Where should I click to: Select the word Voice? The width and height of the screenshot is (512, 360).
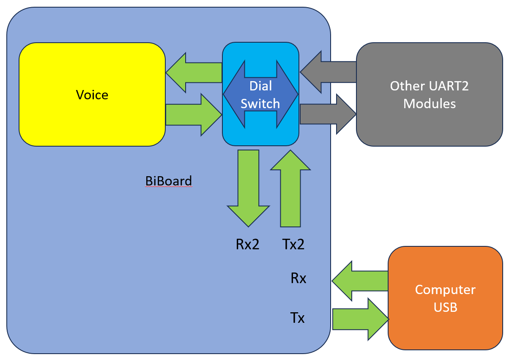92,95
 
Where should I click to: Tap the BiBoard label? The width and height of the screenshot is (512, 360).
169,181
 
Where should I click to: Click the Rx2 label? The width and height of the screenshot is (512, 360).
247,244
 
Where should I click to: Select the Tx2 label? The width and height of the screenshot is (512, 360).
293,244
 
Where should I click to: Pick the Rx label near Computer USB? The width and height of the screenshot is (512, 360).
298,278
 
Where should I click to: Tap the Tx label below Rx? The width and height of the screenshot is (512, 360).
298,317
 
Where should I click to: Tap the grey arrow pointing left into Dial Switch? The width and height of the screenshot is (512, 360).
328,72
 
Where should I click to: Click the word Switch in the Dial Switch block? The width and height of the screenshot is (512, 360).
260,104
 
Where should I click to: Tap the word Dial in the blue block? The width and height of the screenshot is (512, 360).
260,86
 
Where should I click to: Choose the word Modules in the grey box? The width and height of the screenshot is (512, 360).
430,104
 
